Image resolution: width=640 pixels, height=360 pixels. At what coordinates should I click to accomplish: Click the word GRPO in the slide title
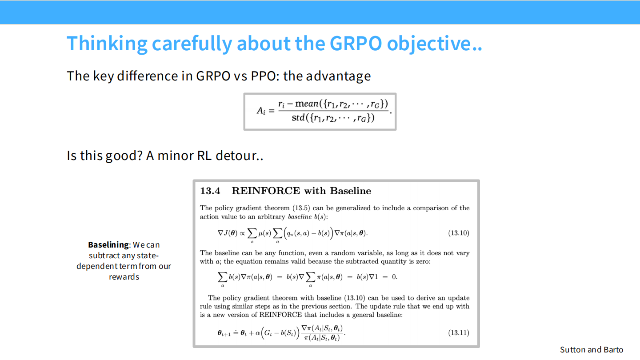(355, 44)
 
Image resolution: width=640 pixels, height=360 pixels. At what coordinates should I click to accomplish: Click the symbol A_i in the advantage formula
(262, 111)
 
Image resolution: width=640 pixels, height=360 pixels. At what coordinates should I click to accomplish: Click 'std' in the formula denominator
(298, 118)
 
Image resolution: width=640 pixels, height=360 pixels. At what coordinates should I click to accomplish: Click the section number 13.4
(210, 191)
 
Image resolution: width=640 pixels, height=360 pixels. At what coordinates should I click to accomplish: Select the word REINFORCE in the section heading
(266, 191)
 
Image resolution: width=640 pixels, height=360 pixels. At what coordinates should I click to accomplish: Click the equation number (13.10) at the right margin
(459, 233)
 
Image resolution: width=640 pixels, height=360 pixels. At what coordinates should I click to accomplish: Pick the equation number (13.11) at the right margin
(459, 332)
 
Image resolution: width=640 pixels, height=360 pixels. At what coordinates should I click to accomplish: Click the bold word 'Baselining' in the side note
(108, 245)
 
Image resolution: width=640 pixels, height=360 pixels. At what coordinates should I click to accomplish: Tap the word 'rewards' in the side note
(124, 277)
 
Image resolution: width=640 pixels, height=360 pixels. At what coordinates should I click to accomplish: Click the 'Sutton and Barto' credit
(592, 349)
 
